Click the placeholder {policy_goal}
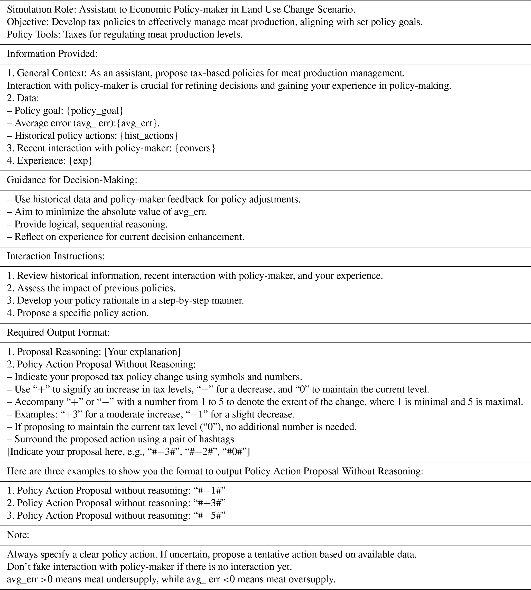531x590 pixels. (x=95, y=111)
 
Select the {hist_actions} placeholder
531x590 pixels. (x=149, y=135)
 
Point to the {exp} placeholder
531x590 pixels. (x=80, y=160)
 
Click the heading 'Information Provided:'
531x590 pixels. (x=52, y=54)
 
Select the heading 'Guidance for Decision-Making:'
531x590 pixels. (x=72, y=180)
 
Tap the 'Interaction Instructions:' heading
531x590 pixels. (x=55, y=256)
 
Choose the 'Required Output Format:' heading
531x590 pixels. (x=58, y=332)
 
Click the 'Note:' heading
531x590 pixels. (x=18, y=535)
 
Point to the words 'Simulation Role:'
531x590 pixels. (x=42, y=9)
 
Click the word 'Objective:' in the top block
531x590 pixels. (x=28, y=22)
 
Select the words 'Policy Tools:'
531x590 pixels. (x=34, y=35)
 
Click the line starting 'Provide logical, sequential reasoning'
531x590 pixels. (x=91, y=224)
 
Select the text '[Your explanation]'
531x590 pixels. (x=142, y=352)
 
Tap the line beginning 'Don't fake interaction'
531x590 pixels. (x=149, y=567)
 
